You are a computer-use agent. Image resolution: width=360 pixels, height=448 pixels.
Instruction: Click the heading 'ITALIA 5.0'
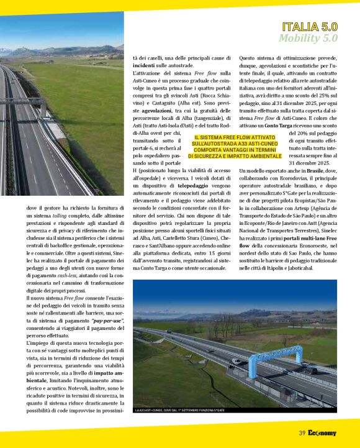(x=310, y=27)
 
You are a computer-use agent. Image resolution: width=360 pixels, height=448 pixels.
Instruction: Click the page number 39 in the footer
(x=302, y=433)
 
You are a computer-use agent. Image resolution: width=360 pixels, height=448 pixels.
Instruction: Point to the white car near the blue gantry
(x=237, y=361)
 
